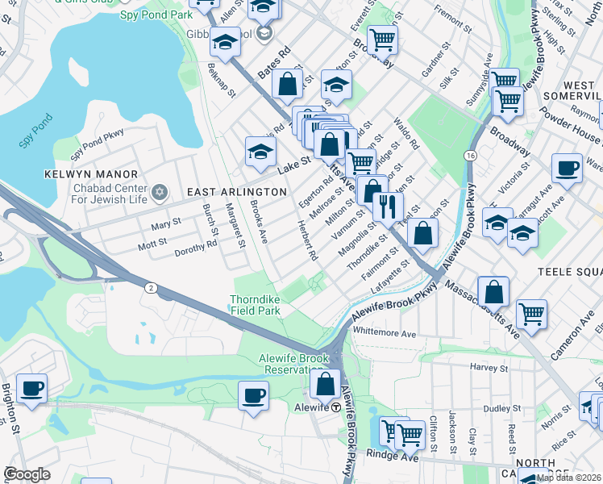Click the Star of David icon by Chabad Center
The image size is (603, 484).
point(159,191)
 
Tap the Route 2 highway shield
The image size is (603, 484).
point(151,287)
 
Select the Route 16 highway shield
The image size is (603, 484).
point(469,154)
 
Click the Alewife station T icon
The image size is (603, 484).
point(335,407)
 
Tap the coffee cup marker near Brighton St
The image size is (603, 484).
point(32,389)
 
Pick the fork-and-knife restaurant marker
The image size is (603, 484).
point(389,206)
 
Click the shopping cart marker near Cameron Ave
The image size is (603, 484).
point(531,313)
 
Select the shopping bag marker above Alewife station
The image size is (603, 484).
point(326,383)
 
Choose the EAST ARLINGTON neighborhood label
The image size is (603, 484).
point(236,192)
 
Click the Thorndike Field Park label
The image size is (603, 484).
point(256,304)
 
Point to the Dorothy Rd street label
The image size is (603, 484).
point(197,248)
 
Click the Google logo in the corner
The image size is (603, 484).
point(27,474)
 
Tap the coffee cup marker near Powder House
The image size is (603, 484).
point(567,168)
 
